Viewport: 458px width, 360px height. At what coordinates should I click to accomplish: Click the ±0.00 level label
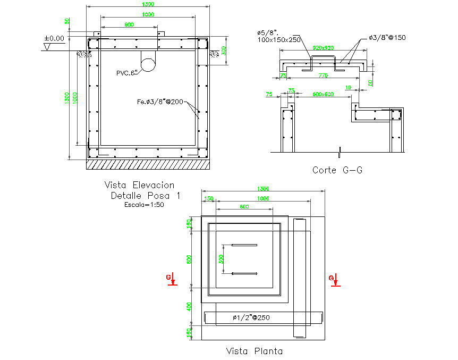pos(54,38)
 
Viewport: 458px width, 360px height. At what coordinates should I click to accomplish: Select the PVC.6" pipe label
pos(127,73)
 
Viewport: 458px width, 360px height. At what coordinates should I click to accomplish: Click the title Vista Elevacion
pos(139,185)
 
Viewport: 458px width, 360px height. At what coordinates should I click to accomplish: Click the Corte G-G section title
pos(337,170)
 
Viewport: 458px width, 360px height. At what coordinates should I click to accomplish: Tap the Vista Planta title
pos(254,351)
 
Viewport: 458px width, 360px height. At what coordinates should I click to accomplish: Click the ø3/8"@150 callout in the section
pos(387,38)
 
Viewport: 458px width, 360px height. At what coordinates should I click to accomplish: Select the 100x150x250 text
pos(279,40)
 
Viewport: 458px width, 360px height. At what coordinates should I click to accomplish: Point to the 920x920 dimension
pos(323,47)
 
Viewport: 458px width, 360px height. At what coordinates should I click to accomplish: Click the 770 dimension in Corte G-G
pos(323,76)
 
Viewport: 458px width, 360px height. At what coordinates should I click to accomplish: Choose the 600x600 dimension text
pos(323,94)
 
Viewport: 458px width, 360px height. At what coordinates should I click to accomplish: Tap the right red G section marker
pos(334,280)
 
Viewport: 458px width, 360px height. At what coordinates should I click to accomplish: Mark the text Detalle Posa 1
pos(145,196)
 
